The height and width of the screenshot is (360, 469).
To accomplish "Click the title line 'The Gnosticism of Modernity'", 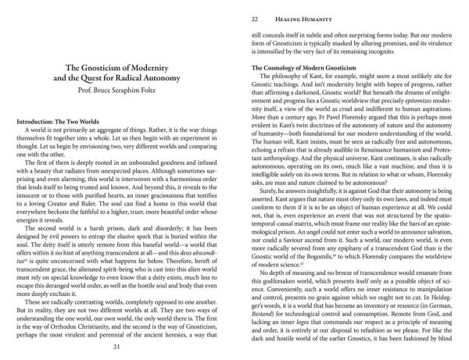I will coord(128,68).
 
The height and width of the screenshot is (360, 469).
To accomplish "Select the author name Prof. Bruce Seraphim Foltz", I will coord(128,92).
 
